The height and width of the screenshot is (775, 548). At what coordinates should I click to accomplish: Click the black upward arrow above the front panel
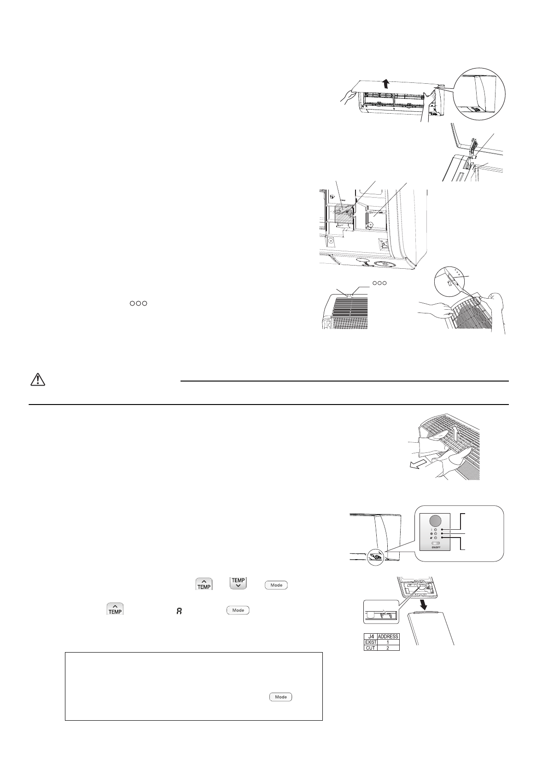point(386,83)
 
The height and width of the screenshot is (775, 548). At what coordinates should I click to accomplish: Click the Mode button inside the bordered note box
point(281,697)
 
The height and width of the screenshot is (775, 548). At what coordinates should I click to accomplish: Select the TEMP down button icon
point(238,584)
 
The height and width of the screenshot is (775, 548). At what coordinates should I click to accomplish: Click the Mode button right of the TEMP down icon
point(276,585)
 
